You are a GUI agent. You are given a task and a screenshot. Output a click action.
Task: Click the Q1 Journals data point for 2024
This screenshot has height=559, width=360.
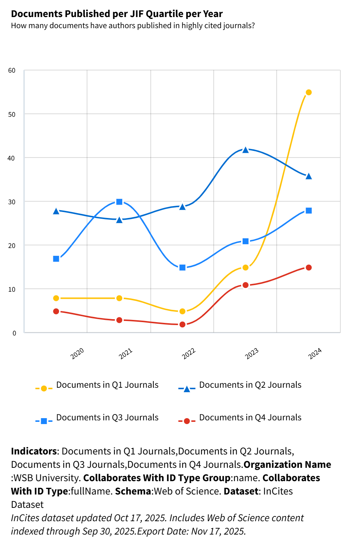click(309, 92)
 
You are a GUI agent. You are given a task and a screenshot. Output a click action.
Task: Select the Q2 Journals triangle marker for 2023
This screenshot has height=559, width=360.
click(245, 150)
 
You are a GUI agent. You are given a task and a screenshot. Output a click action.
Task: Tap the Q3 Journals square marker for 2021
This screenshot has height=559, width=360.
click(119, 202)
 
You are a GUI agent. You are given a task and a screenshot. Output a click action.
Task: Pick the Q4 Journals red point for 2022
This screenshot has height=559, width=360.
click(182, 324)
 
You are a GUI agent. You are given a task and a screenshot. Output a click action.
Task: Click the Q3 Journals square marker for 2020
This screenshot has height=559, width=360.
click(56, 259)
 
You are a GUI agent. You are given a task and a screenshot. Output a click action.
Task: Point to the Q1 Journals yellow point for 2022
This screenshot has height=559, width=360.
click(182, 311)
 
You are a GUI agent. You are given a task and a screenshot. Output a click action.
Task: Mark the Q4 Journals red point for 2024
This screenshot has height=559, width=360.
click(309, 268)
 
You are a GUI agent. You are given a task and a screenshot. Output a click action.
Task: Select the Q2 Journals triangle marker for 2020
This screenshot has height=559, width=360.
click(56, 211)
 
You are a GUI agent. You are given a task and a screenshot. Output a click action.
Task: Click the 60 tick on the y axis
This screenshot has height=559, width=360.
click(12, 70)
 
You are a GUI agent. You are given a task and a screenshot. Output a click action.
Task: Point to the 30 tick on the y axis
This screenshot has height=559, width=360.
click(12, 202)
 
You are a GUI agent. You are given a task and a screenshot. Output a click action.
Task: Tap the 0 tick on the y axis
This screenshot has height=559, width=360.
click(14, 333)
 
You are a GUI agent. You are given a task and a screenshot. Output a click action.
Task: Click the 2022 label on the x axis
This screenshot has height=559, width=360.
click(189, 354)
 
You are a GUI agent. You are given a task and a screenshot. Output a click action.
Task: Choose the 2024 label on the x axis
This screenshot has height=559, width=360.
click(315, 354)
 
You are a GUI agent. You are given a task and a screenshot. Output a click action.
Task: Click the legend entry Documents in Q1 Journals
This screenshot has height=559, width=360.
click(107, 385)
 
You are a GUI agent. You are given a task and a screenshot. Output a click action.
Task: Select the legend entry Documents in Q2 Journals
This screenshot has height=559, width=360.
click(250, 385)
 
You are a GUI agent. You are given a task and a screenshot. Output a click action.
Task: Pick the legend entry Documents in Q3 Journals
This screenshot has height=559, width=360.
click(107, 417)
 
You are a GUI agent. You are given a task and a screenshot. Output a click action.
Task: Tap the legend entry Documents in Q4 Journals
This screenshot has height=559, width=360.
click(250, 417)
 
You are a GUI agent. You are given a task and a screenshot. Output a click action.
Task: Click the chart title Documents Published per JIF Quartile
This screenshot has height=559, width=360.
click(117, 14)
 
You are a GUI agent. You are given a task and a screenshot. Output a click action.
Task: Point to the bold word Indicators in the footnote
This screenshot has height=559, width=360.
click(34, 451)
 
